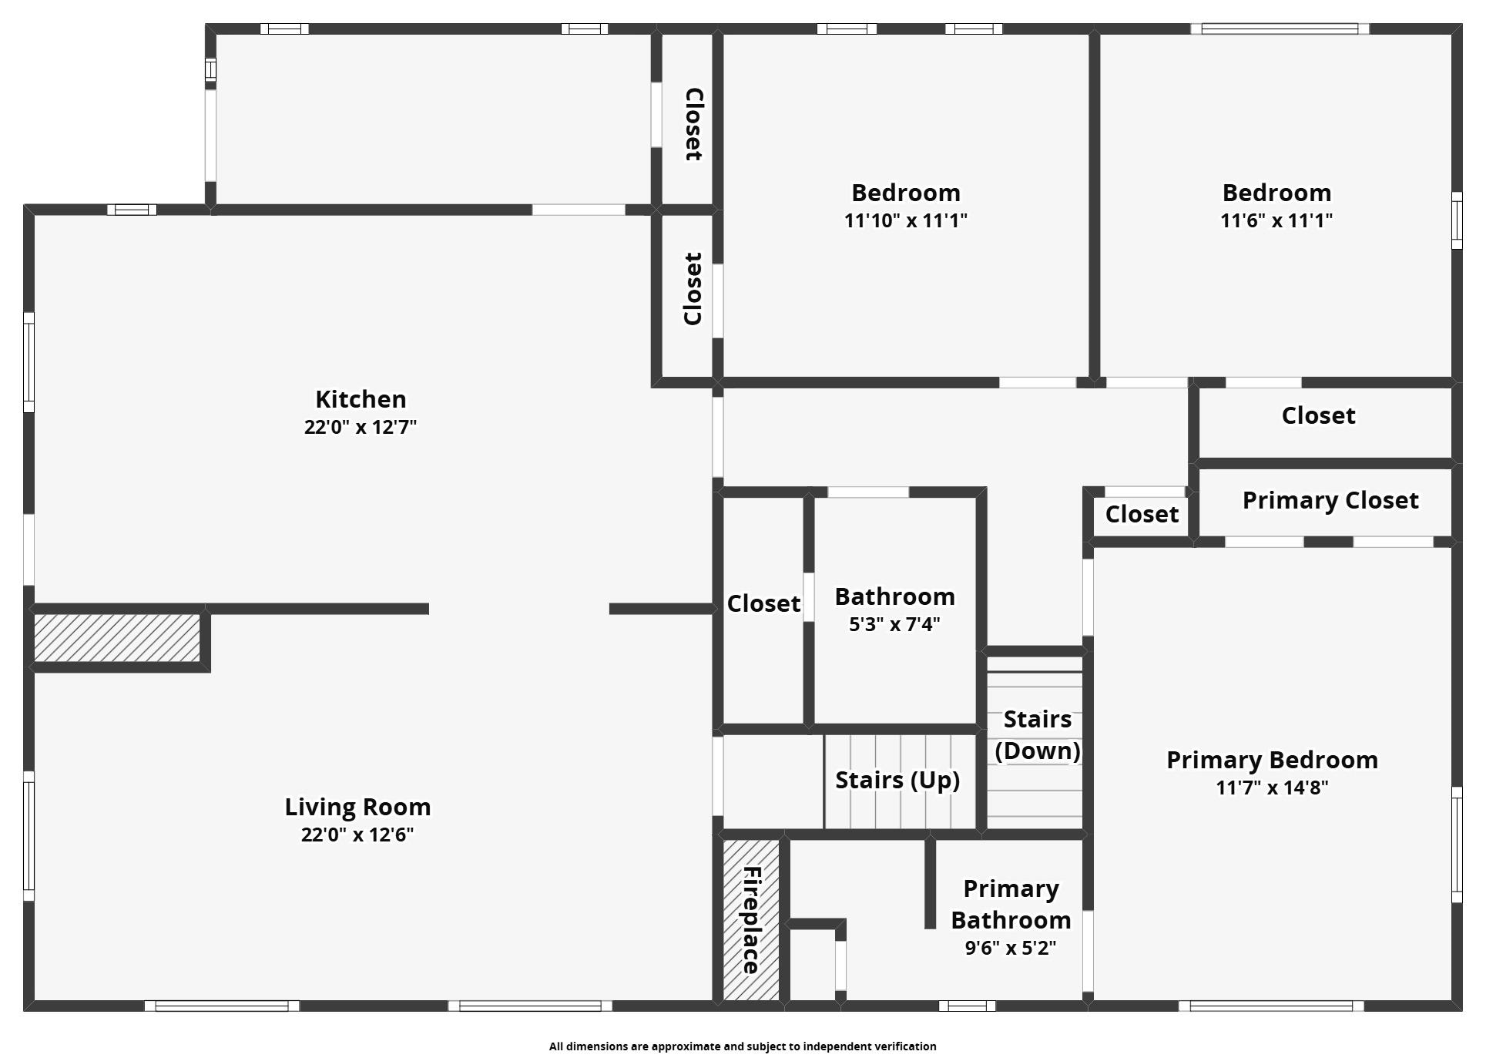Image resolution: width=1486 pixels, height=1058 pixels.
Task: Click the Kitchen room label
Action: [361, 399]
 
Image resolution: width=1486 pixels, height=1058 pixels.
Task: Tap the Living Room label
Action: [357, 807]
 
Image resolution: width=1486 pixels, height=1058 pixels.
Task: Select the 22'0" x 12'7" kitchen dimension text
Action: [361, 427]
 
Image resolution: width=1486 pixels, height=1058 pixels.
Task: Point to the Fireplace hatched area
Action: [751, 920]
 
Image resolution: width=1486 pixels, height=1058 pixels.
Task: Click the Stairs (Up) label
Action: [897, 780]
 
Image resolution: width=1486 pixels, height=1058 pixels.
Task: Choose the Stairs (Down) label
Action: [1037, 735]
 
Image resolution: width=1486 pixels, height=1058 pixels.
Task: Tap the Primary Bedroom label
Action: [1272, 760]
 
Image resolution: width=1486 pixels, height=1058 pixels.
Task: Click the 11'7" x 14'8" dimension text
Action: [1272, 788]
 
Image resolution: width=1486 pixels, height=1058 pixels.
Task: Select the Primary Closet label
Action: [1330, 500]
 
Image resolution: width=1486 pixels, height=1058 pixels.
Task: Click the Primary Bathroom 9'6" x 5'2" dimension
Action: [1011, 948]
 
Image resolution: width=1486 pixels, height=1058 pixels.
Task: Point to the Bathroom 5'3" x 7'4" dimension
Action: [894, 624]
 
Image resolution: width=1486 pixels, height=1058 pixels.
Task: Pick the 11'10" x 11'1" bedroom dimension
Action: [905, 220]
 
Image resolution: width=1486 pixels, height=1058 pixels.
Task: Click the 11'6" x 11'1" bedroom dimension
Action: [1276, 220]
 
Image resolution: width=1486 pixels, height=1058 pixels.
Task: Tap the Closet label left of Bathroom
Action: [763, 603]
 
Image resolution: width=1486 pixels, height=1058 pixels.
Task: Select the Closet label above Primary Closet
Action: [1318, 415]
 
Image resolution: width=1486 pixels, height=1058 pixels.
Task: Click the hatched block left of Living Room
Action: [117, 637]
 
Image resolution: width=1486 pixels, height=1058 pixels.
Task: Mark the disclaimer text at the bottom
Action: [743, 1046]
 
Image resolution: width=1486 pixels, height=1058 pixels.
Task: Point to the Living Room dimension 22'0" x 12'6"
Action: [357, 835]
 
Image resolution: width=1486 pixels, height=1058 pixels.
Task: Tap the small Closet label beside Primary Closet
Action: [1142, 514]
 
